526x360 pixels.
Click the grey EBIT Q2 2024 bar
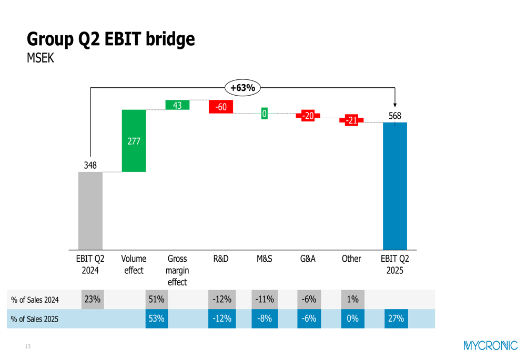(x=90, y=210)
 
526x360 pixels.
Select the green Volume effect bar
(x=134, y=141)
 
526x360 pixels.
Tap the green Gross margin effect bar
(x=177, y=105)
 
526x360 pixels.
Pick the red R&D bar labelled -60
(x=221, y=107)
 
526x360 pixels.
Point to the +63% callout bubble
(x=242, y=88)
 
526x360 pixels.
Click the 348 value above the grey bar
(x=90, y=165)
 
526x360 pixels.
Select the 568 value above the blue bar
(x=395, y=116)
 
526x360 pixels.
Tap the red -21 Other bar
(x=351, y=120)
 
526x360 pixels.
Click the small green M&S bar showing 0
(x=264, y=113)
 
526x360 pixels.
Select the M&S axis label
(x=264, y=259)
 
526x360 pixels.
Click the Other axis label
(x=351, y=259)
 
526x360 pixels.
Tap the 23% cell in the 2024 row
(x=92, y=300)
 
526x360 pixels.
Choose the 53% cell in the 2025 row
(x=156, y=318)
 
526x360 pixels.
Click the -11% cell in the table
(x=265, y=300)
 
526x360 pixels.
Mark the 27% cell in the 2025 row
(x=396, y=318)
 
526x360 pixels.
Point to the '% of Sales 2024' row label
(x=35, y=300)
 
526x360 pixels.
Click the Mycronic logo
(x=490, y=345)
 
